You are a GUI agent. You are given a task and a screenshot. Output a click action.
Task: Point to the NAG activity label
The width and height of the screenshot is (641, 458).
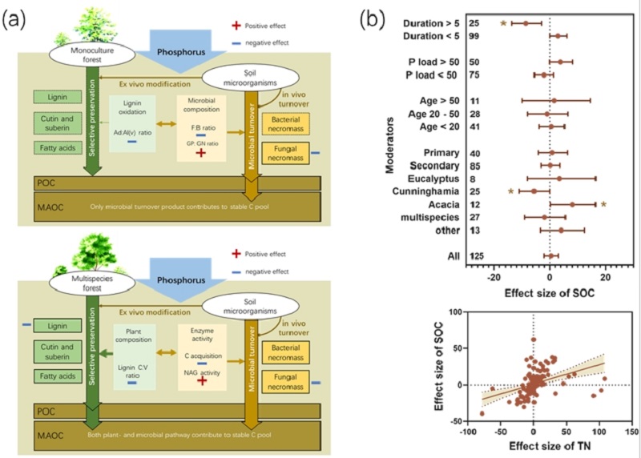[200, 368]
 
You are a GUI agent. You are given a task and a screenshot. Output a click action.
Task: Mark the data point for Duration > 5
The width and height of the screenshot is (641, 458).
[526, 23]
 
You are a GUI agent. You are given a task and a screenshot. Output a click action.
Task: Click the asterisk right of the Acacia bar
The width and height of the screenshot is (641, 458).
[603, 204]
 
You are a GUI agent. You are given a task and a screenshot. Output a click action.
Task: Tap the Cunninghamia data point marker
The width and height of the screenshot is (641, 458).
[534, 191]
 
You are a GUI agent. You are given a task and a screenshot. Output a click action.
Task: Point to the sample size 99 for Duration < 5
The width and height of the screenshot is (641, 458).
[475, 36]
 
